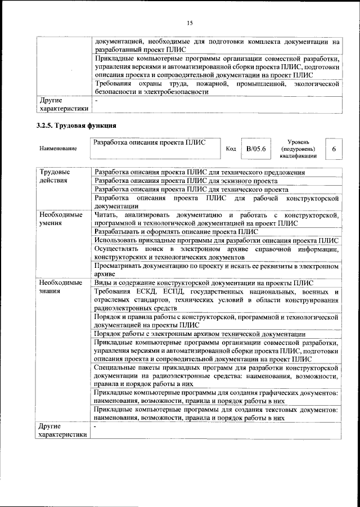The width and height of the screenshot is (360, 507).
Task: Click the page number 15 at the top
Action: (x=190, y=23)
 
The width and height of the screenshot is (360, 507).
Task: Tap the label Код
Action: (x=231, y=149)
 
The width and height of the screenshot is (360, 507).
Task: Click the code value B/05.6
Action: (x=256, y=149)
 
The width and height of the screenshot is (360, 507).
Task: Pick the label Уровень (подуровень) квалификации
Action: (x=297, y=149)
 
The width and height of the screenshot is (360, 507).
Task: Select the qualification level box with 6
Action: (x=334, y=149)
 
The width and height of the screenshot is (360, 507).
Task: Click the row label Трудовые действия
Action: (x=55, y=176)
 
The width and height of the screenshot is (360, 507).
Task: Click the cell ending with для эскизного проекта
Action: (x=186, y=181)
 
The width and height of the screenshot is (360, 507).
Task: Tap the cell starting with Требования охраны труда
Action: (x=216, y=88)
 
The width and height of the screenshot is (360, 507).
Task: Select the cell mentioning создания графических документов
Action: (x=216, y=397)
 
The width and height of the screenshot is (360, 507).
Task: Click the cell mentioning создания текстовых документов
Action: (x=216, y=414)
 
